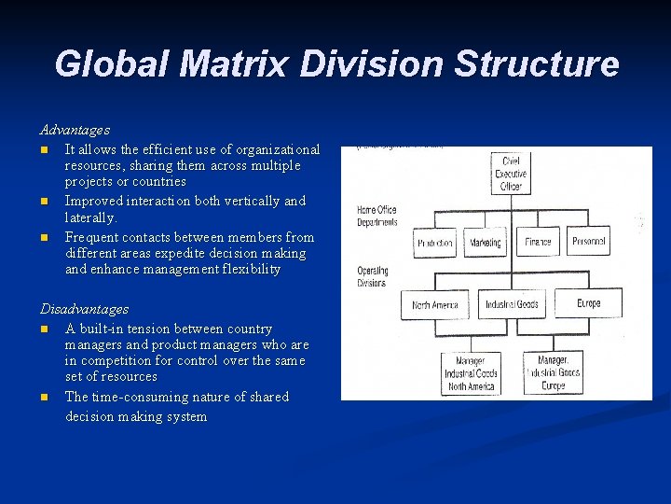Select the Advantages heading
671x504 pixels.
click(x=75, y=130)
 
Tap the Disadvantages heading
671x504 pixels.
click(x=84, y=309)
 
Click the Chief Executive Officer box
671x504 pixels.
click(x=510, y=174)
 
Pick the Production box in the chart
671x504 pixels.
click(x=435, y=243)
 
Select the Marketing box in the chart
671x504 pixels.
click(x=485, y=243)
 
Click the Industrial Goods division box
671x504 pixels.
click(x=511, y=304)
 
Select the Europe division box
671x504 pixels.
click(x=587, y=303)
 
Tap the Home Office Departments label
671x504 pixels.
click(x=377, y=217)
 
